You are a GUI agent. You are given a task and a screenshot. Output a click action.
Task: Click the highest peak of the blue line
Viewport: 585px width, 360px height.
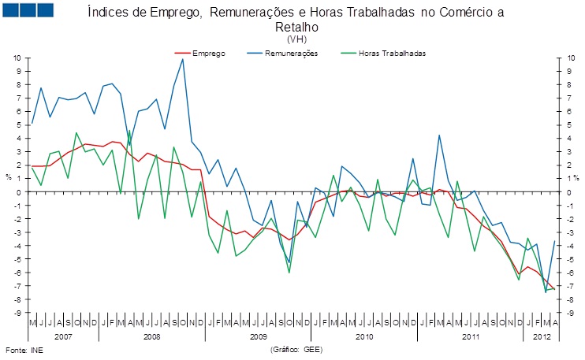click(183, 59)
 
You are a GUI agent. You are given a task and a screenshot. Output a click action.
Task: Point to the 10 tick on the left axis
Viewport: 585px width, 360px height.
click(17, 58)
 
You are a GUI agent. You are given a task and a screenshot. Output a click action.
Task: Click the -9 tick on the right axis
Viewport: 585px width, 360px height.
click(568, 313)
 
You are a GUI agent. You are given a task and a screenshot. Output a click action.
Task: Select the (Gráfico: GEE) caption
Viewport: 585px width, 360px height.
click(296, 348)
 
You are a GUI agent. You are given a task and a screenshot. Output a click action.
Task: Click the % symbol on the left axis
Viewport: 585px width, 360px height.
click(9, 177)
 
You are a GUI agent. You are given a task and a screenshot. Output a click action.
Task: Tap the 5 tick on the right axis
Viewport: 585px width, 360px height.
click(568, 124)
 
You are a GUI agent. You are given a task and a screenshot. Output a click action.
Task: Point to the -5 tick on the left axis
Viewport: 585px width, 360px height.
click(17, 259)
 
